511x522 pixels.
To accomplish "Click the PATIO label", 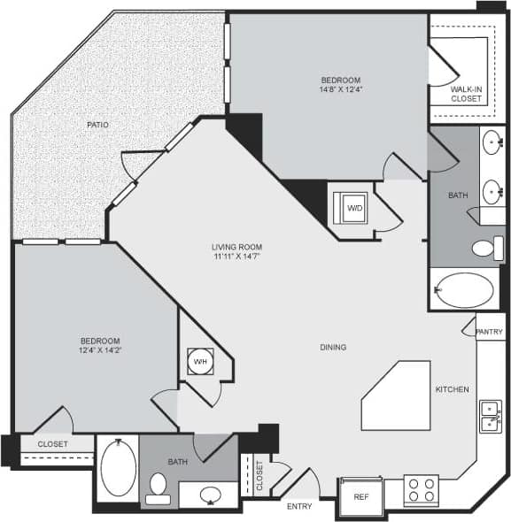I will click(x=97, y=125).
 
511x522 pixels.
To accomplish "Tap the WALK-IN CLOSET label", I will click(x=466, y=93).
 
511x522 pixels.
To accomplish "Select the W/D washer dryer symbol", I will click(x=353, y=208).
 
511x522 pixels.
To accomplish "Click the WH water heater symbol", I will click(x=199, y=361).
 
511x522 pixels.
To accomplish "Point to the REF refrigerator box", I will click(x=360, y=498).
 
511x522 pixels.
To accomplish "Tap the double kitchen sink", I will click(x=489, y=415).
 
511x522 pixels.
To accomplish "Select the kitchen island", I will click(x=395, y=395).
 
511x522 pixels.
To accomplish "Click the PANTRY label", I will click(x=489, y=332).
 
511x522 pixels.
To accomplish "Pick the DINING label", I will click(x=333, y=347).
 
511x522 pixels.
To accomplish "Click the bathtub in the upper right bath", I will click(x=463, y=290).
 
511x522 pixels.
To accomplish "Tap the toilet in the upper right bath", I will click(x=485, y=248).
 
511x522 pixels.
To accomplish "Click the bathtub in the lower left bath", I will click(x=118, y=469).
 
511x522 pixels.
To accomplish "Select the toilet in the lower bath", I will click(x=159, y=487).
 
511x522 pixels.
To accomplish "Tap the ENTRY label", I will click(x=298, y=506).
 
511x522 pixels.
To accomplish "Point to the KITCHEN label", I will click(x=451, y=389).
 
